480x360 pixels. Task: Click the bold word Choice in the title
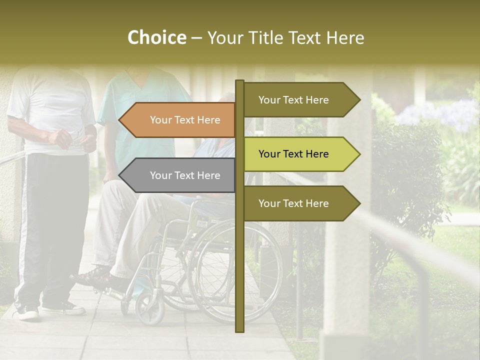pyautogui.click(x=156, y=38)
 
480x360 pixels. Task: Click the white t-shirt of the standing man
pyautogui.click(x=50, y=105)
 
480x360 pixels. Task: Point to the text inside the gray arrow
pyautogui.click(x=185, y=175)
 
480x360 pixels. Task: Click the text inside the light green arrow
pyautogui.click(x=293, y=154)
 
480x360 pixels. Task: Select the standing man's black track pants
pyautogui.click(x=50, y=225)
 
